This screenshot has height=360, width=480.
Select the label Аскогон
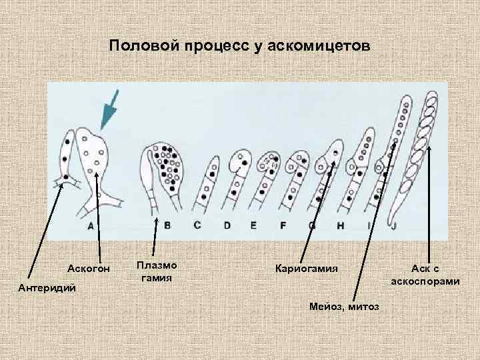point(89,269)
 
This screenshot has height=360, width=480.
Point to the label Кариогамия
point(306,269)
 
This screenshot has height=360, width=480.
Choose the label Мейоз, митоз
point(344,306)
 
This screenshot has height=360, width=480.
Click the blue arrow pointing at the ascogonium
point(108,109)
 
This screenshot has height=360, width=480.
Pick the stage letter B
point(167,226)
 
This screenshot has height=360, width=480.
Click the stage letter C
point(197,226)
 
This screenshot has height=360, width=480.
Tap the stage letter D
point(227,226)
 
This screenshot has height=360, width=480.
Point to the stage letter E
point(253,226)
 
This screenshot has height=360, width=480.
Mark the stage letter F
point(283,226)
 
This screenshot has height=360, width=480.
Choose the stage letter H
point(340,226)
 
